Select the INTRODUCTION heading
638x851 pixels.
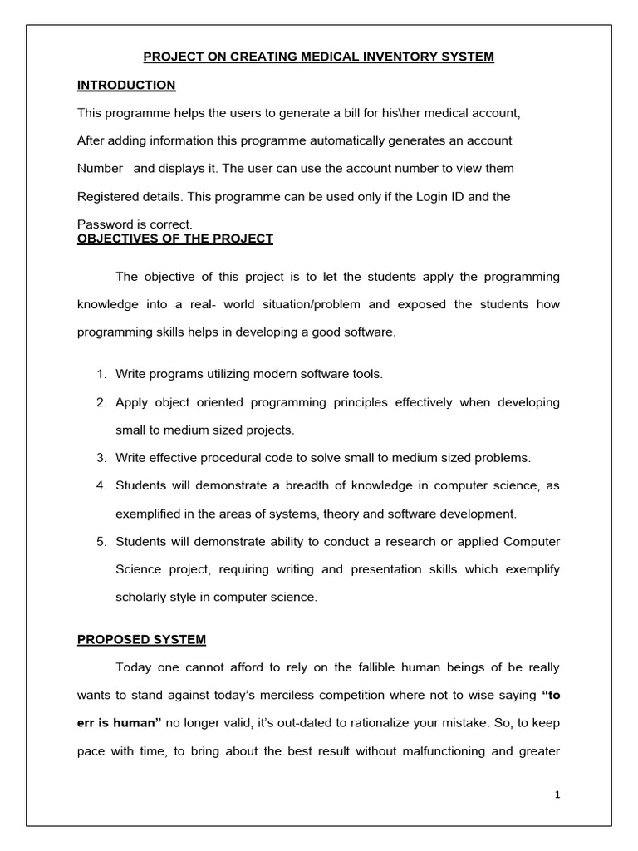pos(126,85)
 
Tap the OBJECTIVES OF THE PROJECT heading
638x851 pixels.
pos(175,239)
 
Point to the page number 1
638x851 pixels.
pos(558,794)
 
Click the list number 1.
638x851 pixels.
pos(101,374)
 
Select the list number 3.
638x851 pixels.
pos(101,458)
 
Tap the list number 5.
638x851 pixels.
pos(101,542)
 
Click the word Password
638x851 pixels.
pos(103,224)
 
